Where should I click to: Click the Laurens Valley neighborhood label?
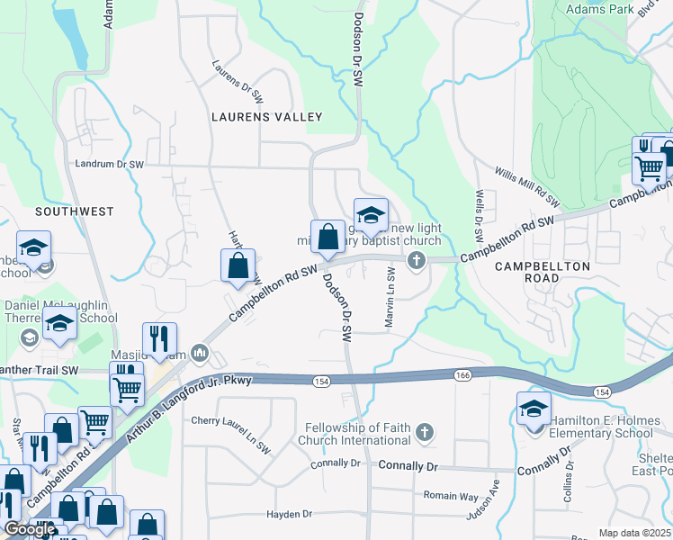coord(266,117)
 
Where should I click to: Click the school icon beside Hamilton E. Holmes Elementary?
coord(534,409)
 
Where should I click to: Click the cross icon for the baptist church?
coord(416,261)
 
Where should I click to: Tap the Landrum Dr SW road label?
coord(110,165)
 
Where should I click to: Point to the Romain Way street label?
coord(451,496)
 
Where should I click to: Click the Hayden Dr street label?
coord(289,514)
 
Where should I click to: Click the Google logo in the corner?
coord(30,529)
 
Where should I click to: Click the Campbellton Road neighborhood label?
coord(543,272)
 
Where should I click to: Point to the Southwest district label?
coord(75,211)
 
